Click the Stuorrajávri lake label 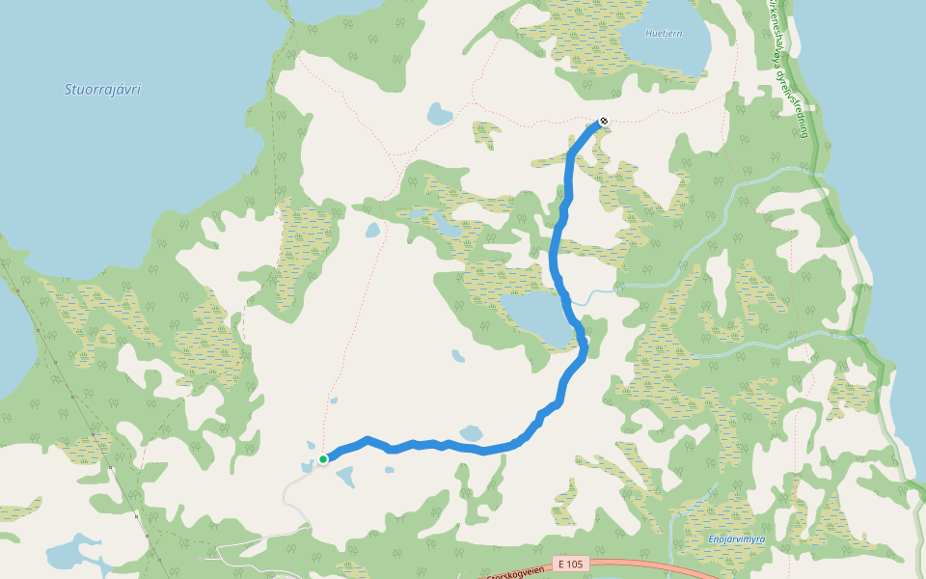click(x=102, y=90)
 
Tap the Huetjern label click(x=662, y=33)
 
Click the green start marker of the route click(x=323, y=458)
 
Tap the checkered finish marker click(x=603, y=122)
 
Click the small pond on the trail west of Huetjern click(x=439, y=115)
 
